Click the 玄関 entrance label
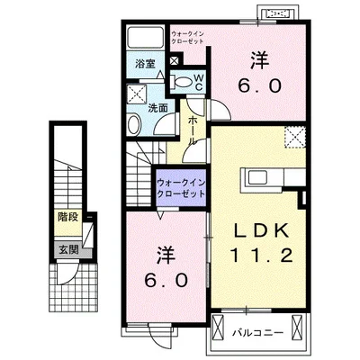point(68,249)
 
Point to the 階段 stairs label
point(68,217)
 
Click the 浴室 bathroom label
point(147,64)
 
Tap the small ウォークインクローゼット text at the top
point(188,36)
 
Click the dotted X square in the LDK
point(293,138)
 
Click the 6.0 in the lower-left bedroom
point(166,278)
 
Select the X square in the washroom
point(136,94)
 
